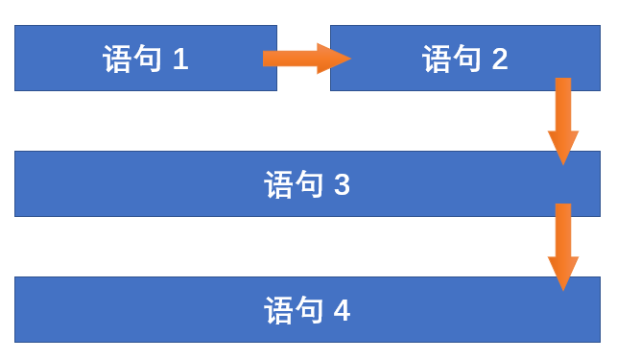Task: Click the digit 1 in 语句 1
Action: pyautogui.click(x=180, y=60)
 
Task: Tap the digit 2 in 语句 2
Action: pyautogui.click(x=499, y=60)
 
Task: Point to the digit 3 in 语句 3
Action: pyautogui.click(x=342, y=184)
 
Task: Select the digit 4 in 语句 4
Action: pyautogui.click(x=342, y=311)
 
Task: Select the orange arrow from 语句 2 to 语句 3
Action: pyautogui.click(x=563, y=119)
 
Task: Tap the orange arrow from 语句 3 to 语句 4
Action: pyautogui.click(x=563, y=245)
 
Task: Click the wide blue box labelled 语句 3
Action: pyautogui.click(x=144, y=184)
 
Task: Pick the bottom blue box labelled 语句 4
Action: pyautogui.click(x=144, y=310)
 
